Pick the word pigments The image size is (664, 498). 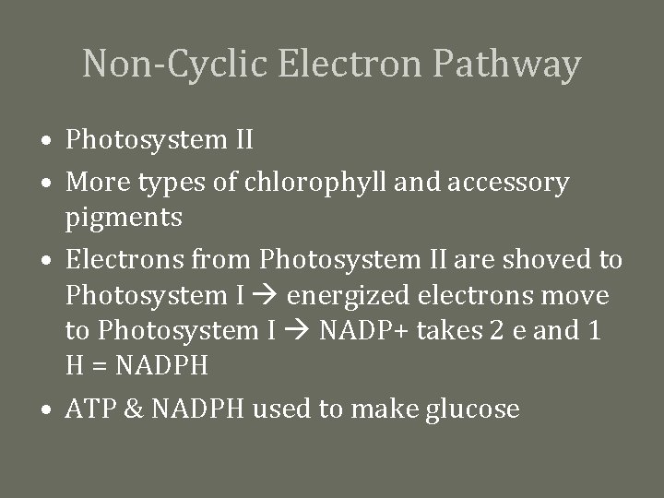124,219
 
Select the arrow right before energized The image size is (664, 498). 272,296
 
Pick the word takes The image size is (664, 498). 446,330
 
